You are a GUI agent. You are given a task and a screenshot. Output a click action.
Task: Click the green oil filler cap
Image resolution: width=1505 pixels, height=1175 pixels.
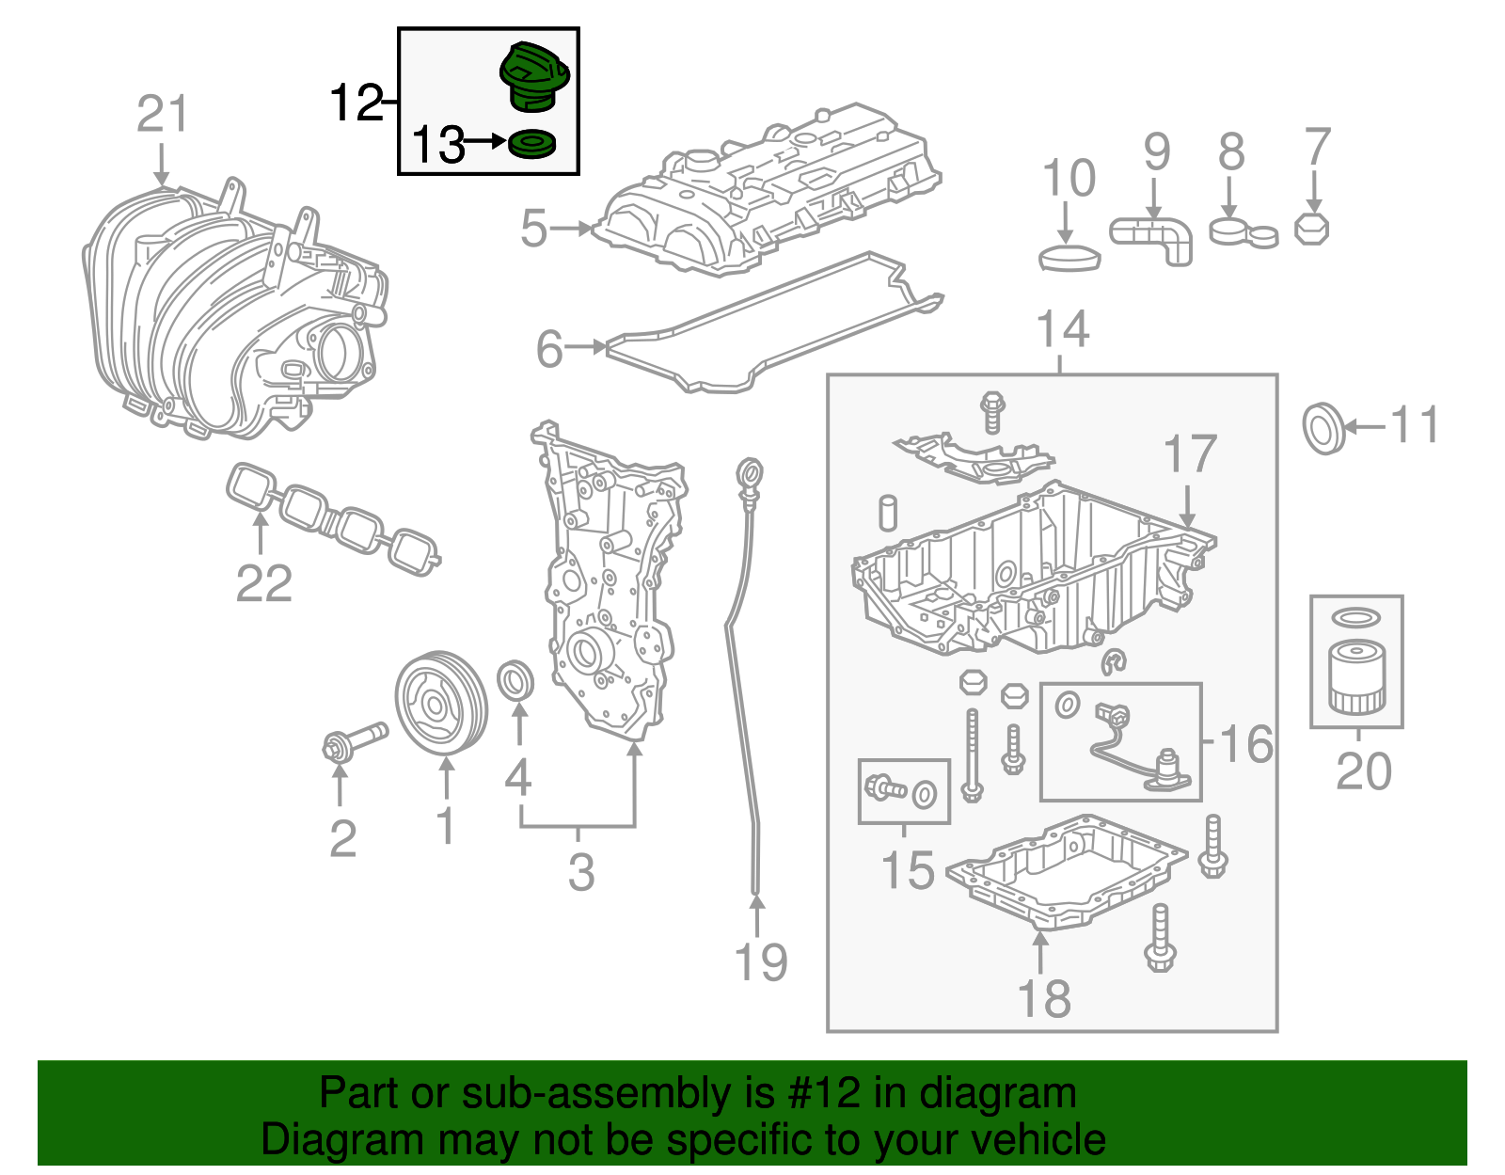[x=533, y=75]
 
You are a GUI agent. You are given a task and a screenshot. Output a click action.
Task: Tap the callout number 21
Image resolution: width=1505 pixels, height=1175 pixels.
[x=163, y=115]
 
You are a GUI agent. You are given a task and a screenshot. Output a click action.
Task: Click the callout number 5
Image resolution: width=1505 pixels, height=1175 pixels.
[x=534, y=229]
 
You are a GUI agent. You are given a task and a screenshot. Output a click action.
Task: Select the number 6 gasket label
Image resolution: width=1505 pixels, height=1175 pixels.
[x=549, y=349]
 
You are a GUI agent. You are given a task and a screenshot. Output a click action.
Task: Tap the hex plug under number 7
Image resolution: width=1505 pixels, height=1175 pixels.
[x=1311, y=229]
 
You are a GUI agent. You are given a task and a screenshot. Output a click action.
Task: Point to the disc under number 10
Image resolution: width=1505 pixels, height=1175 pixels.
[x=1069, y=258]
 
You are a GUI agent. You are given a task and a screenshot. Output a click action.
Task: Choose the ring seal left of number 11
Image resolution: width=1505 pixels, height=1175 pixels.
[x=1323, y=428]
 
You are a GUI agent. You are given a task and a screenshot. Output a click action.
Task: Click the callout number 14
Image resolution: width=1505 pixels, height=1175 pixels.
[x=1062, y=330]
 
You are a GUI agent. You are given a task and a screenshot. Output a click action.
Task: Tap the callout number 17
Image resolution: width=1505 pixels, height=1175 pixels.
[x=1190, y=455]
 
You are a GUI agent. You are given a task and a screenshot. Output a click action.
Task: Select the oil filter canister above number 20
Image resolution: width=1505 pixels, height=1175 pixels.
[x=1356, y=677]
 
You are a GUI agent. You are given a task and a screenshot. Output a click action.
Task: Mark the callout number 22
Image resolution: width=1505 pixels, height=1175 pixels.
[x=263, y=583]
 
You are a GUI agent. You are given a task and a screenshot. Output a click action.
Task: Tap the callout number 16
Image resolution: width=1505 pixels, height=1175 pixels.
[x=1246, y=744]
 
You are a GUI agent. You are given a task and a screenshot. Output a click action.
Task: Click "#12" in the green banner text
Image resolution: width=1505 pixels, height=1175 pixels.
[x=818, y=1093]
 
